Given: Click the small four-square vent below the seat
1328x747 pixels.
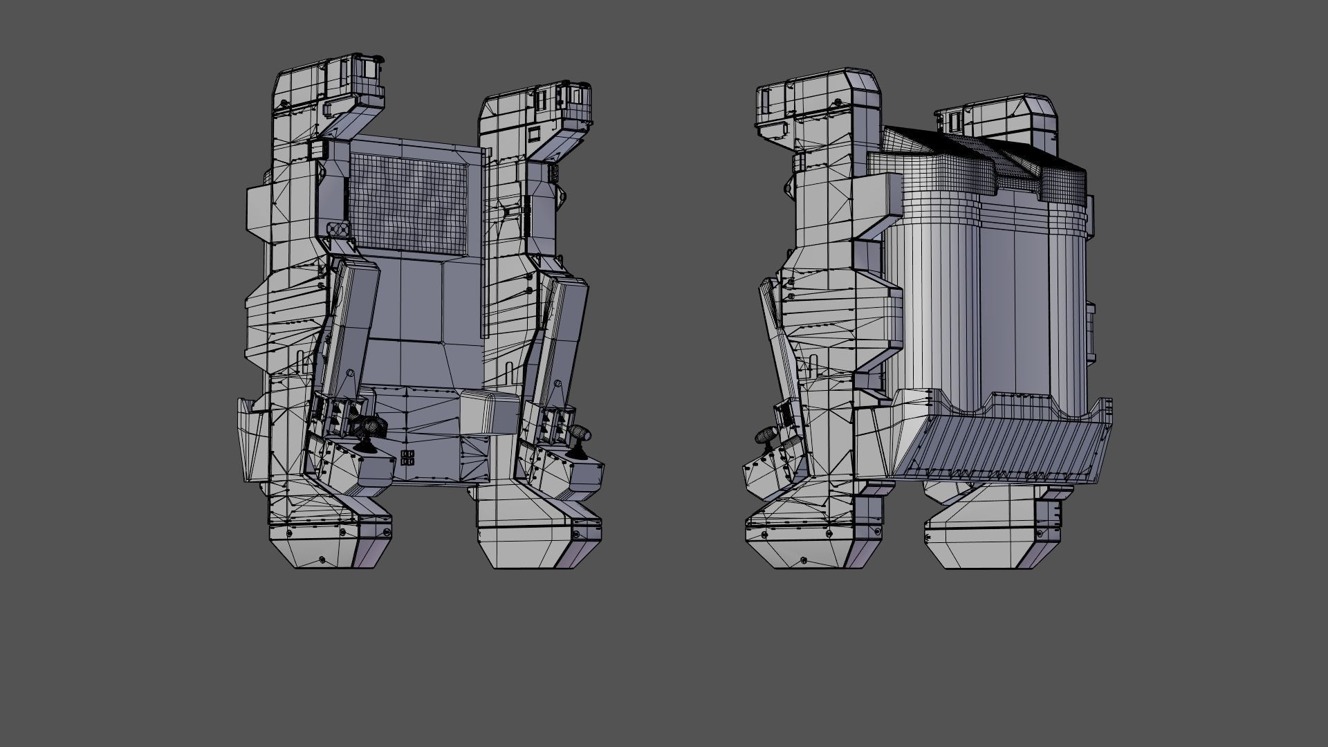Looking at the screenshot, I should click(x=407, y=457).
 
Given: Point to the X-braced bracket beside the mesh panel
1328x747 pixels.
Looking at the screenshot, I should click(x=335, y=229).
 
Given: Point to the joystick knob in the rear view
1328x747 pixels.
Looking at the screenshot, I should click(x=766, y=435).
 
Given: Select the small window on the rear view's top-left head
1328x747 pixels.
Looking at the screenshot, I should click(x=766, y=104).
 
